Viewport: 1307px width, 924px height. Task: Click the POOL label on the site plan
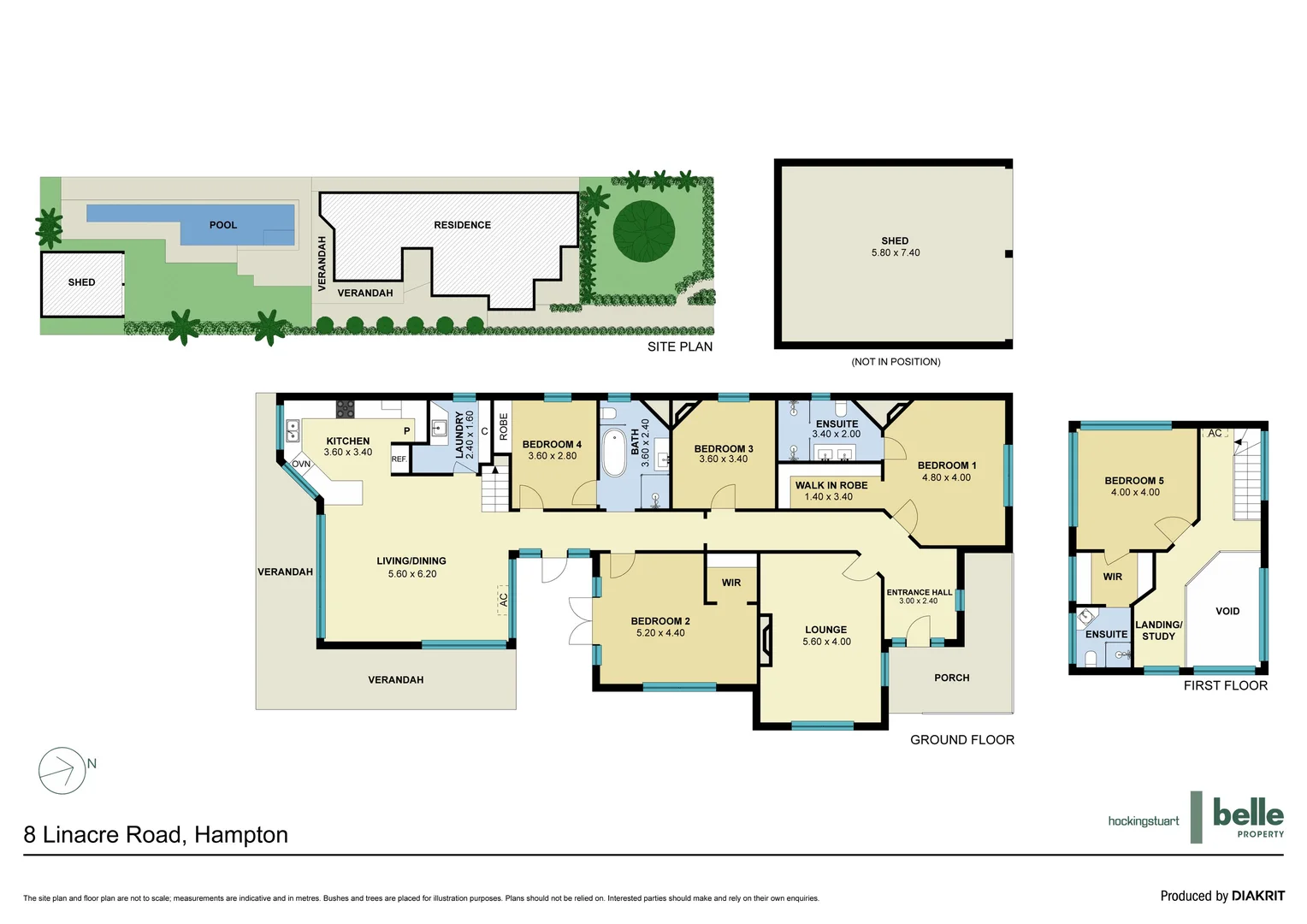coord(222,225)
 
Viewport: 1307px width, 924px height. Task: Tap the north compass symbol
coord(62,770)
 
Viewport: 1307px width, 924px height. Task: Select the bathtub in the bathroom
coord(613,453)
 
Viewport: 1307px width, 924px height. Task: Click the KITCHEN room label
coord(348,441)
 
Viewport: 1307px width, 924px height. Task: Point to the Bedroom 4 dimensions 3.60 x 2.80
coord(552,456)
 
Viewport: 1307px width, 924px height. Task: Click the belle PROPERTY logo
coord(1247,817)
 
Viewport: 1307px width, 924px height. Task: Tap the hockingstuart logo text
coord(1143,821)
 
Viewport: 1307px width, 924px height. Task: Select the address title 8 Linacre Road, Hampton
coord(156,835)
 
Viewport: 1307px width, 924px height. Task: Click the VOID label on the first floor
coord(1227,611)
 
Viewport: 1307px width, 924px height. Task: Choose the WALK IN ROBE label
coord(831,485)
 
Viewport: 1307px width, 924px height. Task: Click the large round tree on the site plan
coord(644,231)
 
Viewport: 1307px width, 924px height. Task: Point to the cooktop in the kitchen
coord(346,409)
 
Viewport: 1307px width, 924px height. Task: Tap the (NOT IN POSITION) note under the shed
coord(896,362)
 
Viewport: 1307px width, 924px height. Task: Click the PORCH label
coord(951,678)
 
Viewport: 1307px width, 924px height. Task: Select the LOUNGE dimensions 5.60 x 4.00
coord(826,642)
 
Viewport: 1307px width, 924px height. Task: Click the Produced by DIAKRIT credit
coord(1221,896)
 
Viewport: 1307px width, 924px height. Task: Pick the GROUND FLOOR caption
coord(961,740)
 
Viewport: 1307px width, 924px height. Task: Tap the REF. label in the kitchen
coord(399,459)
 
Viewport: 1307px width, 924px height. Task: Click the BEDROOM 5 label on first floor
coord(1133,481)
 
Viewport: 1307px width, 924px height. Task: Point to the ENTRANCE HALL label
coord(919,592)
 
